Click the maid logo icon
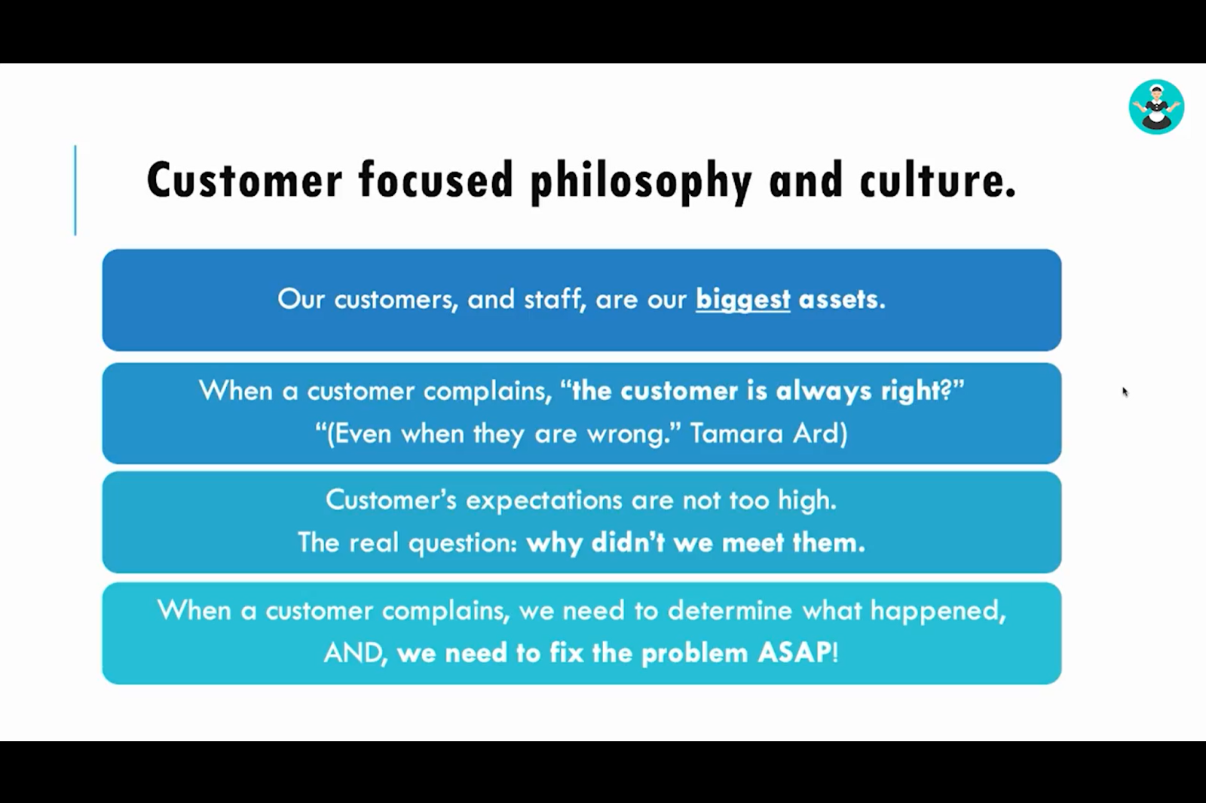[1156, 106]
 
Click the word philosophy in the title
[641, 181]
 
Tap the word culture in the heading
[938, 181]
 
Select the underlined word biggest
[743, 300]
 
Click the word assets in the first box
[842, 299]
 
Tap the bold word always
[823, 391]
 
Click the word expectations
[543, 501]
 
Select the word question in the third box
[463, 543]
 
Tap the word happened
[938, 612]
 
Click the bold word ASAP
[794, 653]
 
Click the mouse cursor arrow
[1125, 392]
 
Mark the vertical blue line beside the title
[75, 190]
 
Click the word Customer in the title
[244, 181]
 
